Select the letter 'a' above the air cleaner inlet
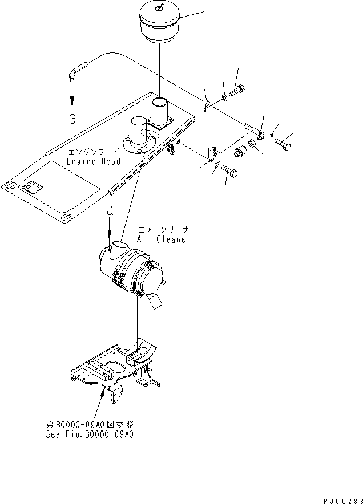110,211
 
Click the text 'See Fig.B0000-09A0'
90,433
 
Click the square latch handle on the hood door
29,187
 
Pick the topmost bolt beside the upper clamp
239,90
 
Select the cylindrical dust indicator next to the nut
240,153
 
